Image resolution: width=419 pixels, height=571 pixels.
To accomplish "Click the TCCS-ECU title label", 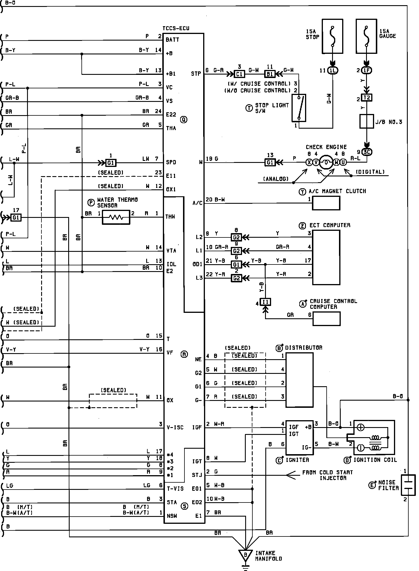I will coord(176,28).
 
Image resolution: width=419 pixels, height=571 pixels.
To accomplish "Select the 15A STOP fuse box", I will coord(332,36).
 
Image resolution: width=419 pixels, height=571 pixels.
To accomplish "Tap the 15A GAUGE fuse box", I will coord(366,36).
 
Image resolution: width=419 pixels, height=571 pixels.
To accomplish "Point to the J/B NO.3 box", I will coord(367,121).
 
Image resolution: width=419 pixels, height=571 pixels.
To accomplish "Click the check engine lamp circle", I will coord(326,162).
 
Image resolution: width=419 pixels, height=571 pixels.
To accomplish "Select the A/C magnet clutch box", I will coord(326,203).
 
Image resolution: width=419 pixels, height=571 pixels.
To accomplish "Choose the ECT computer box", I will coord(326,257).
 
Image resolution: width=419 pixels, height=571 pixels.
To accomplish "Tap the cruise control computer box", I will coord(326,319).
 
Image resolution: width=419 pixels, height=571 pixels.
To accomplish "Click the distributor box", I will coord(299,380).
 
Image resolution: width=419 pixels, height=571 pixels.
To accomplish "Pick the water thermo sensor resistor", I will coord(116,217).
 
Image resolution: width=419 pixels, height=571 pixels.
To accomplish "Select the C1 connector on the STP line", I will coord(239,74).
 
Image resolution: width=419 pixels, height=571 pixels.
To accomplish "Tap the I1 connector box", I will coord(265,302).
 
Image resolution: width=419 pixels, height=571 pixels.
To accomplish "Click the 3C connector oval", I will coord(367,152).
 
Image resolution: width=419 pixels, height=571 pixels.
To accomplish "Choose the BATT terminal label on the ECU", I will coord(172,40).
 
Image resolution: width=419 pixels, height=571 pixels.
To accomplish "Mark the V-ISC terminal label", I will coord(175,427).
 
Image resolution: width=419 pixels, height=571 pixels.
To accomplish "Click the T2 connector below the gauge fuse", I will coord(367,98).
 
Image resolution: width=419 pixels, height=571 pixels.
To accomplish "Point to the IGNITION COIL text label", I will coord(375,460).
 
